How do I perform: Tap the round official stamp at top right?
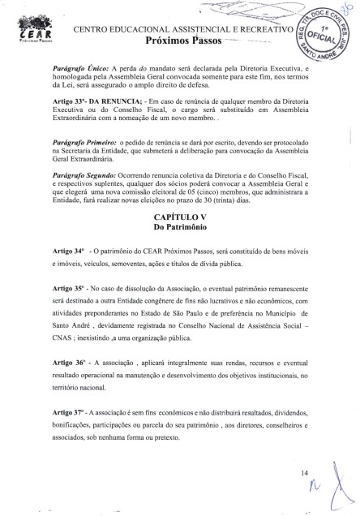[322, 37]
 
